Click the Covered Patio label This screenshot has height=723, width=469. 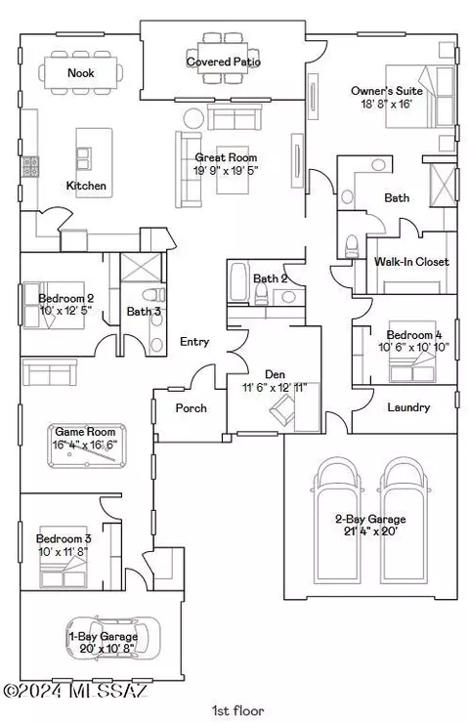click(223, 62)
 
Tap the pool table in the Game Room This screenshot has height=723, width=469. click(87, 446)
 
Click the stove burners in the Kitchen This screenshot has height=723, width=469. click(31, 166)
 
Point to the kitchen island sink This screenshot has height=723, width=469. click(84, 158)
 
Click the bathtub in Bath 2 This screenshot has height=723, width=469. click(239, 281)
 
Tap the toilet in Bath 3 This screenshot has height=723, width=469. click(153, 294)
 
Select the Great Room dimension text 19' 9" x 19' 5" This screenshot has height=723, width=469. click(226, 170)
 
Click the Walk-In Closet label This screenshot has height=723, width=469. click(411, 262)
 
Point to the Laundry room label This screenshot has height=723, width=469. click(408, 407)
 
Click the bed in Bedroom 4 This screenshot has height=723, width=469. click(411, 352)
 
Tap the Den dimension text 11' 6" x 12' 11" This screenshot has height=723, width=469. click(275, 387)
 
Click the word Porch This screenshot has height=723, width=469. click(191, 408)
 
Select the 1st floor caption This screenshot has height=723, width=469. click(238, 710)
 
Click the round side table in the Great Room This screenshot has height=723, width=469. click(193, 118)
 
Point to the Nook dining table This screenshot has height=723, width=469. click(81, 72)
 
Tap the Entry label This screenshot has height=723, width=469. click(194, 342)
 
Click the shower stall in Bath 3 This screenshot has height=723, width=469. click(141, 267)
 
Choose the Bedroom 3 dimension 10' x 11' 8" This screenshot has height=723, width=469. click(64, 551)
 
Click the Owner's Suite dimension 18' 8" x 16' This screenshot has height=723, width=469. click(386, 104)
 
